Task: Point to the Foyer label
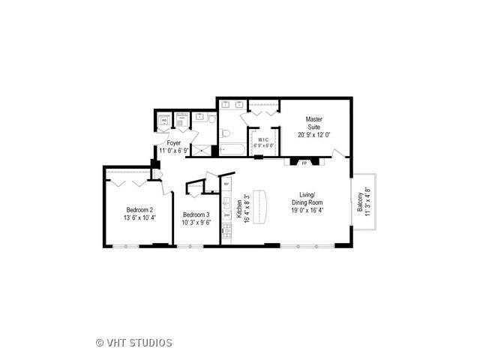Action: (174, 142)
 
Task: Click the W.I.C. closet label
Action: (263, 139)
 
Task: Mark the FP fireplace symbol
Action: (304, 161)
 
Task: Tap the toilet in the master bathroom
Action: (225, 133)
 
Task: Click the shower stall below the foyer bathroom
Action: (200, 149)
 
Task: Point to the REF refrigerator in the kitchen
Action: (226, 183)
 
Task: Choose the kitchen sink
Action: (226, 202)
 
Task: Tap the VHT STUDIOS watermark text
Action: (134, 343)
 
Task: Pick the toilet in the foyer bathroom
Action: (212, 118)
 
